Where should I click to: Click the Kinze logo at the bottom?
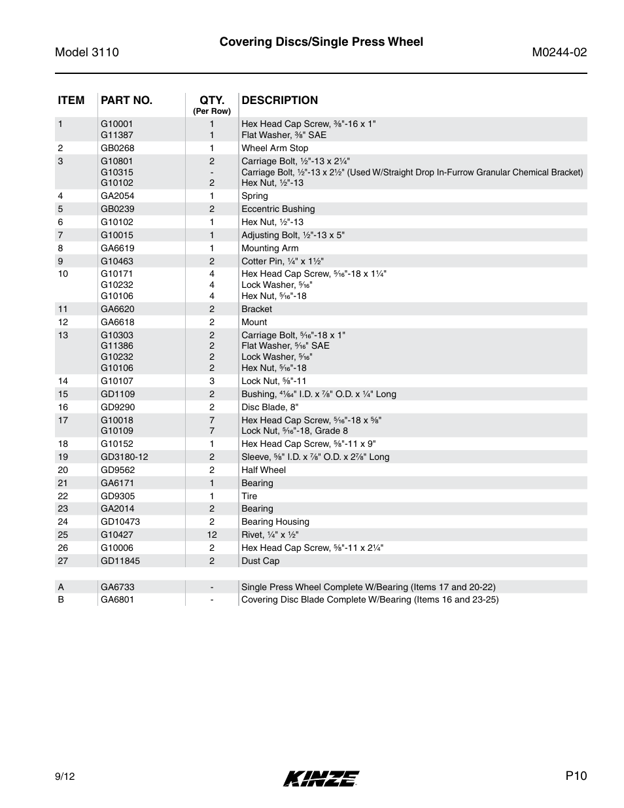[x=321, y=778]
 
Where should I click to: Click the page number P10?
[x=576, y=776]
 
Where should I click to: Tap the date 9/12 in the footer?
[x=65, y=777]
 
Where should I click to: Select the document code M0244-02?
[x=559, y=52]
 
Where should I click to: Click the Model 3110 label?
[x=87, y=52]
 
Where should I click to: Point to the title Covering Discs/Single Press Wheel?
[x=321, y=42]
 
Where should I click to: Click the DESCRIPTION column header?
[x=279, y=100]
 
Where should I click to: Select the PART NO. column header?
[x=126, y=100]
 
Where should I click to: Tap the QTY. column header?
[x=212, y=100]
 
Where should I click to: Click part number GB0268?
[x=117, y=148]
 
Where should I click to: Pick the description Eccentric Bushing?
[x=278, y=209]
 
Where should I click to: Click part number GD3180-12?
[x=124, y=457]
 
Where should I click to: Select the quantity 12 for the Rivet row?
[x=212, y=535]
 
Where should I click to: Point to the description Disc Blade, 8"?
[x=269, y=407]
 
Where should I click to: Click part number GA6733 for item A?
[x=117, y=587]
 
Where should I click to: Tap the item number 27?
[x=63, y=561]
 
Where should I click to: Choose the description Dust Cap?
[x=260, y=561]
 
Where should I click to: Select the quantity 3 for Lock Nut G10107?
[x=212, y=381]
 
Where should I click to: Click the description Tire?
[x=249, y=496]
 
